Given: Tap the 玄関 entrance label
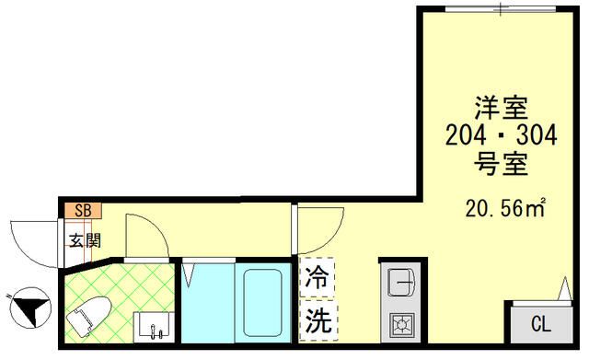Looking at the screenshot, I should pos(82,241).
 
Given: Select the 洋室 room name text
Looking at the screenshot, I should pos(501,108).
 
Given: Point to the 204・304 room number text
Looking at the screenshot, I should pos(501,136).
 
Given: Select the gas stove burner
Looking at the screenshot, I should pos(402,323).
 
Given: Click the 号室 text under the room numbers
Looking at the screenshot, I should pos(501,166).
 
